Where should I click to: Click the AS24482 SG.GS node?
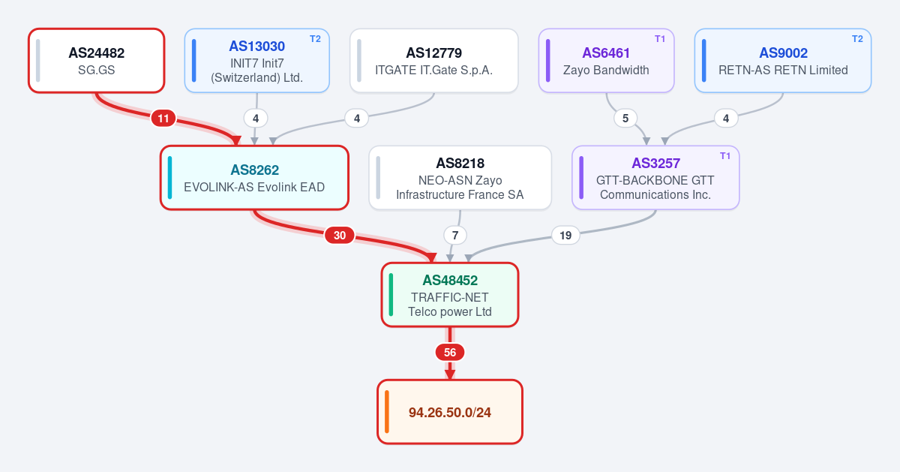pos(97,61)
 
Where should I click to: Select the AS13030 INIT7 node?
pos(257,61)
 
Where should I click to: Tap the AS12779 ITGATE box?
pos(434,61)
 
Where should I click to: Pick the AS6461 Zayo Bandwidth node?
pos(606,61)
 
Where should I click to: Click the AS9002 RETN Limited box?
pos(783,61)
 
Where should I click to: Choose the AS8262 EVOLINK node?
pos(254,178)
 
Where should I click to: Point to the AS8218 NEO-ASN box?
pos(460,178)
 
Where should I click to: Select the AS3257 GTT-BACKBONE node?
pos(655,178)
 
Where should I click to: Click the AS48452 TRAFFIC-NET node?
pos(450,295)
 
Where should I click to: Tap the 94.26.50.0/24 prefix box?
pos(450,412)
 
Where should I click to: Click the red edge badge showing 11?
pos(163,119)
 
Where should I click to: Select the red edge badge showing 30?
pos(340,235)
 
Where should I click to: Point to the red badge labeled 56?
pos(450,353)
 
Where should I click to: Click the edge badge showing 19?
pos(565,235)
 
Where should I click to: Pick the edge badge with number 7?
pos(455,235)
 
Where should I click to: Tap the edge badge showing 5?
pos(625,119)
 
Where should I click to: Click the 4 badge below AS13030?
pos(256,119)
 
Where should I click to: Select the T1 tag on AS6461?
pos(660,39)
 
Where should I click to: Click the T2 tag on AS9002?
pos(857,39)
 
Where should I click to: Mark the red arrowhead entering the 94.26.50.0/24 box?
pos(450,374)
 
